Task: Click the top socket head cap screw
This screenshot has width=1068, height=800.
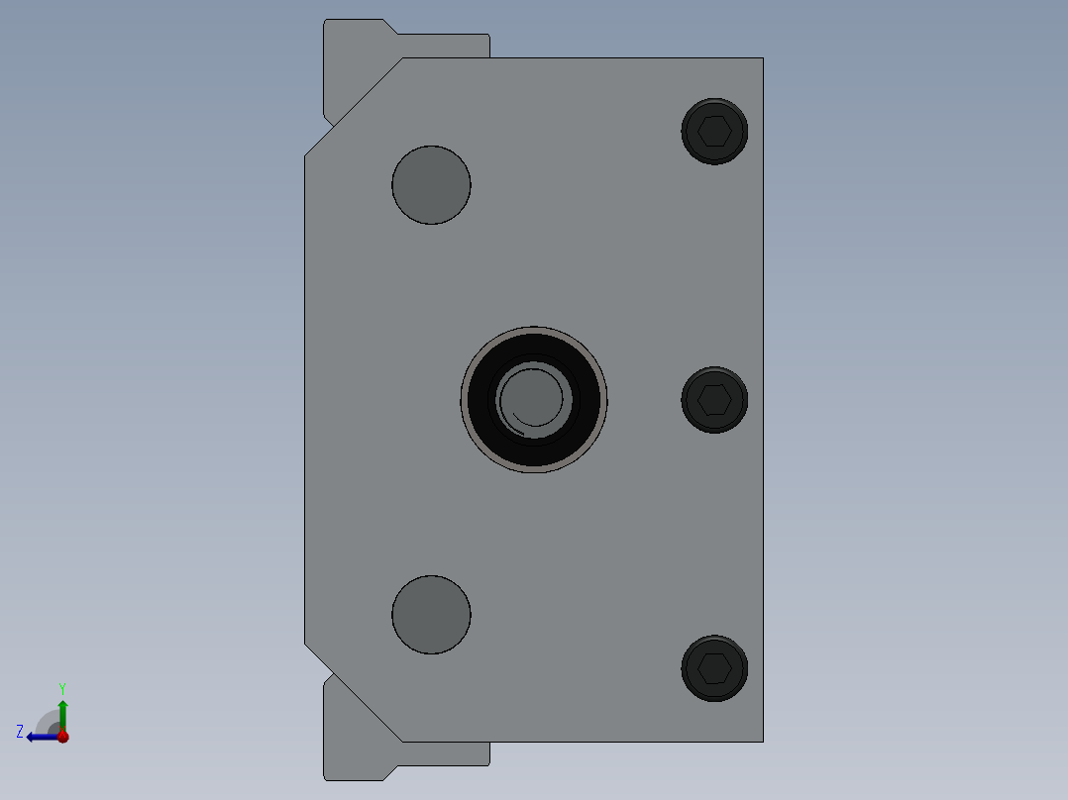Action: pyautogui.click(x=714, y=131)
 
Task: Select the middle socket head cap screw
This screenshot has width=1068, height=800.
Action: pyautogui.click(x=714, y=400)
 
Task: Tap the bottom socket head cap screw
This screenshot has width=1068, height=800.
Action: pyautogui.click(x=714, y=668)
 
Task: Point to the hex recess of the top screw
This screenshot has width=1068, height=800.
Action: pyautogui.click(x=715, y=131)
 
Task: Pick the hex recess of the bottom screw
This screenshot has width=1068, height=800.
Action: pyautogui.click(x=715, y=669)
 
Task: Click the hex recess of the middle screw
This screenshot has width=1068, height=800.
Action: pyautogui.click(x=715, y=400)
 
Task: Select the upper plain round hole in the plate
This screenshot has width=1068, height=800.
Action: pyautogui.click(x=431, y=185)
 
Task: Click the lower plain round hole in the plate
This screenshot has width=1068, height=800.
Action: pyautogui.click(x=431, y=615)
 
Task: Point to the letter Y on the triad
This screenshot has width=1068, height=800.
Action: pyautogui.click(x=62, y=687)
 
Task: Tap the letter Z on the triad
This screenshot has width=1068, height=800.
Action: pyautogui.click(x=20, y=732)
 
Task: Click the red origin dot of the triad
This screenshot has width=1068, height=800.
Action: pyautogui.click(x=62, y=737)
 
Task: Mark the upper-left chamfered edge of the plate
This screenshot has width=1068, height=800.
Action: pyautogui.click(x=353, y=107)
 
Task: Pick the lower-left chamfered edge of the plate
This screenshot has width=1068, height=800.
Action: pyautogui.click(x=353, y=693)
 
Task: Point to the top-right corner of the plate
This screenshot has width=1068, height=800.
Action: pyautogui.click(x=762, y=58)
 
